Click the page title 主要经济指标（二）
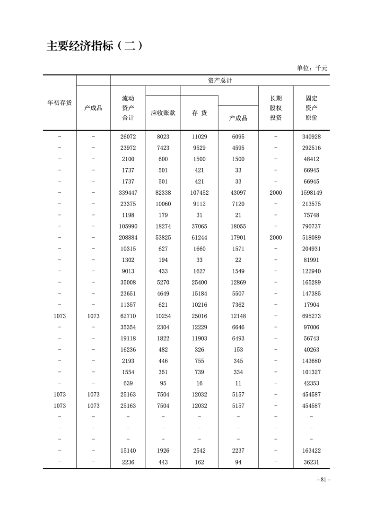(94, 46)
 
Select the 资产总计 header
(220, 81)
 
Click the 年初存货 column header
(60, 103)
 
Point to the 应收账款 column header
(163, 113)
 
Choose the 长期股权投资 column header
(276, 108)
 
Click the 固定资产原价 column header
(311, 108)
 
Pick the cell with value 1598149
(311, 193)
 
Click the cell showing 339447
(128, 193)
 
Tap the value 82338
(163, 193)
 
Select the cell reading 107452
(199, 193)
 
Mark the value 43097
(238, 193)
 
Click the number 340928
(311, 137)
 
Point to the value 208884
(128, 238)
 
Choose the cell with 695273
(311, 316)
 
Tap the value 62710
(128, 316)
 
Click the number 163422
(311, 451)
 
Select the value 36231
(311, 462)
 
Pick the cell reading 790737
(311, 226)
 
